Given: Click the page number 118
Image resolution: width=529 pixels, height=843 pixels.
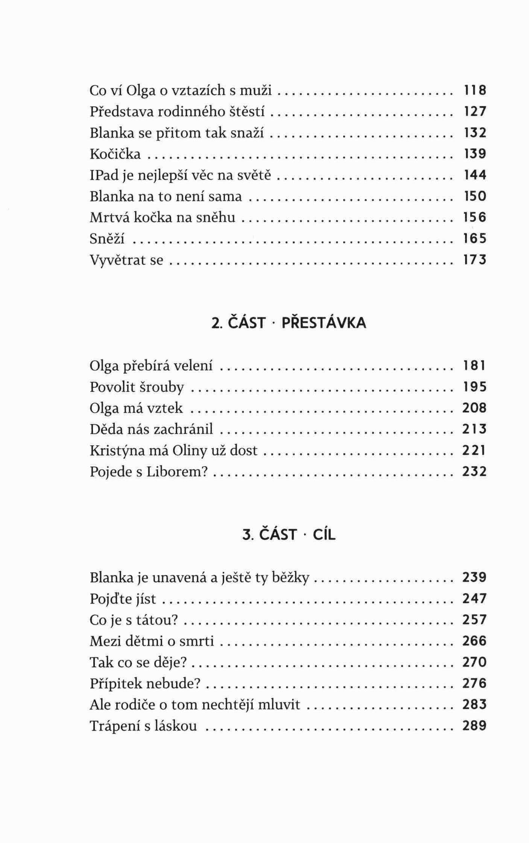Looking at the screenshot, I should [x=474, y=90].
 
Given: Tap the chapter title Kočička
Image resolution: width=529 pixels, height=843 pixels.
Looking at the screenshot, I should [x=115, y=154].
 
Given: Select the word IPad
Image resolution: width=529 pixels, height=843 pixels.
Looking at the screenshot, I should [x=102, y=176].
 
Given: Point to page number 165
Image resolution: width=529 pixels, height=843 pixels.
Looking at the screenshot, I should [x=474, y=239].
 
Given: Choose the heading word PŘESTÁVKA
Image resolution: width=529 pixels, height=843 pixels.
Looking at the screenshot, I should [x=324, y=323].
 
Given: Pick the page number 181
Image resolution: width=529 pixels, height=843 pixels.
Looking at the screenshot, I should [x=474, y=365].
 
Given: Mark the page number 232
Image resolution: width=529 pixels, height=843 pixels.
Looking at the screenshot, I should [x=474, y=471].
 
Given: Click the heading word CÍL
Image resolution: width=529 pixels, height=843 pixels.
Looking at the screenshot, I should [x=324, y=534].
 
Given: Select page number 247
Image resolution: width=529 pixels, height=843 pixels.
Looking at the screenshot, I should [x=474, y=598].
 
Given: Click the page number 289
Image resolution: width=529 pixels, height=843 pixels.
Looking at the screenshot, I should [x=474, y=725].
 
